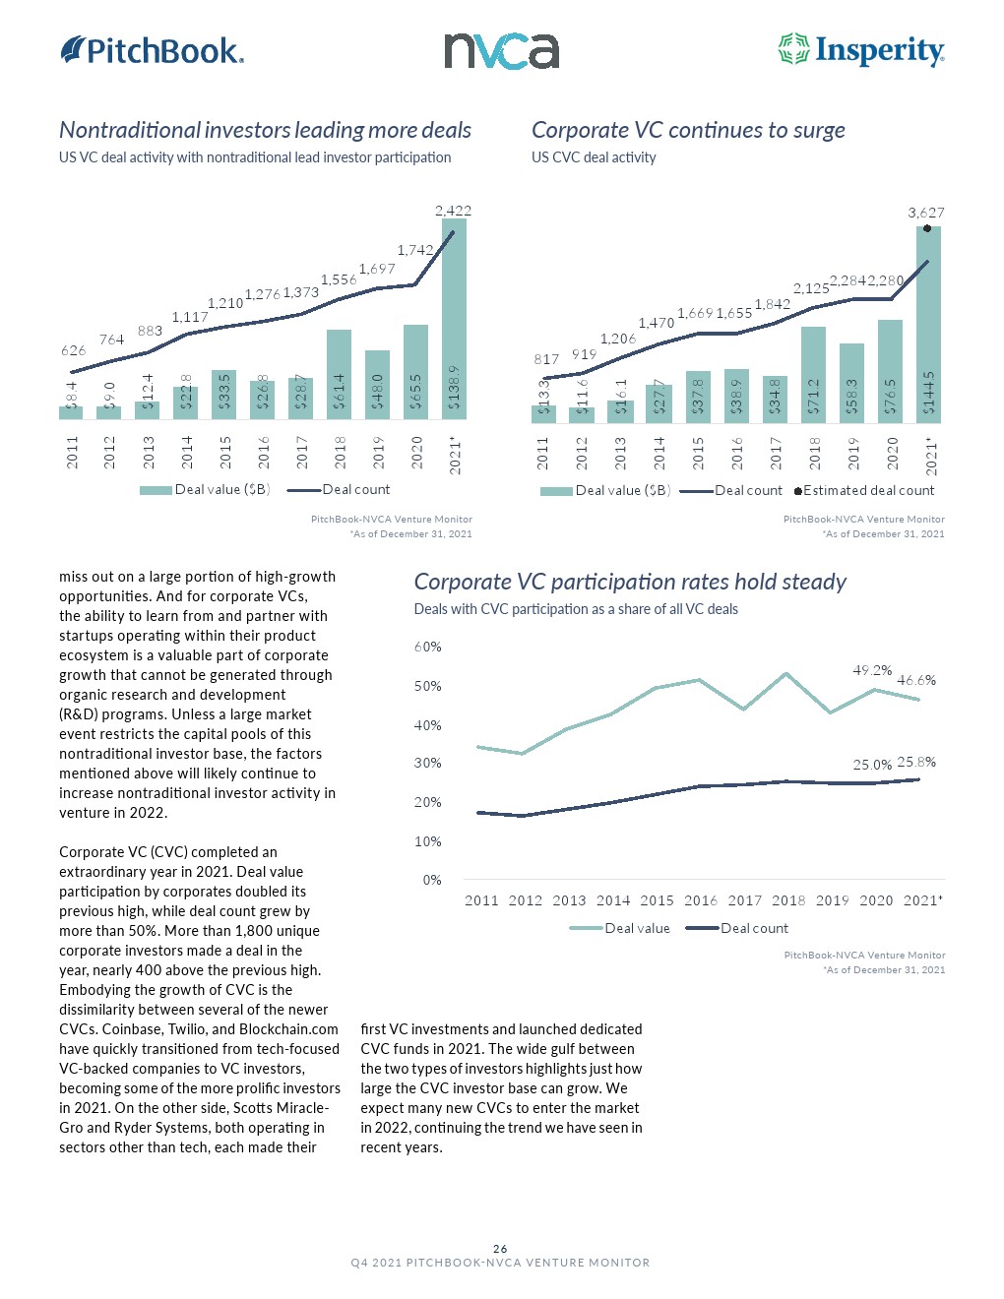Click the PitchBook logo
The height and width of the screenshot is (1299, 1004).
click(153, 50)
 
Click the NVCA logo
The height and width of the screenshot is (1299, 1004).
click(501, 51)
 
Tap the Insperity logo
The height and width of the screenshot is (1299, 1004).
click(861, 50)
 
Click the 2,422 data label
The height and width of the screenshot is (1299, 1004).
click(453, 211)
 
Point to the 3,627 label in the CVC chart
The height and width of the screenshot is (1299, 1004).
click(925, 213)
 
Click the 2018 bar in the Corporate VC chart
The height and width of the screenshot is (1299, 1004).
click(813, 374)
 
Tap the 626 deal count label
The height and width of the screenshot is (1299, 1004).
click(73, 350)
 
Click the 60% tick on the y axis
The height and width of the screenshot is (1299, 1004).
click(427, 648)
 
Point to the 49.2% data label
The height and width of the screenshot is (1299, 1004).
click(872, 671)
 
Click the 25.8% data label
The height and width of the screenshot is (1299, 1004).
click(916, 762)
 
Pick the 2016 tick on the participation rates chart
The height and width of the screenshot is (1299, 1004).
click(701, 900)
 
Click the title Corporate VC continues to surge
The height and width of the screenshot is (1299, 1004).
click(688, 130)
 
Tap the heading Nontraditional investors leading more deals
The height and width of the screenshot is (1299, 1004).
click(265, 130)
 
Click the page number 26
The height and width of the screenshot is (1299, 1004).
click(500, 1249)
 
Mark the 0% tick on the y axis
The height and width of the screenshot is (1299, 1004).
click(431, 880)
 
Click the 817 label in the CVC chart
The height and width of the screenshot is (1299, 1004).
click(546, 359)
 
